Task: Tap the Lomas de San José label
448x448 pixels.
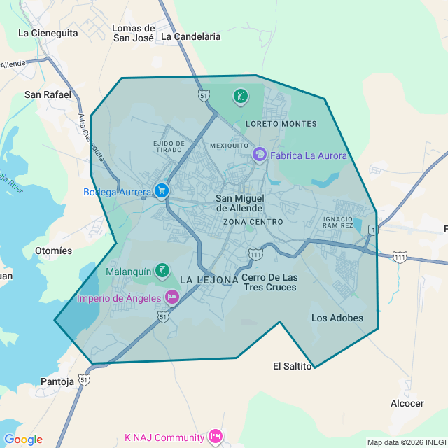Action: [133, 33]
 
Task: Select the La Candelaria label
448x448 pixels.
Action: [190, 36]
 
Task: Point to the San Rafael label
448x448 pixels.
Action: [48, 94]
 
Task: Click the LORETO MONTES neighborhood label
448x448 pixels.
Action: [281, 124]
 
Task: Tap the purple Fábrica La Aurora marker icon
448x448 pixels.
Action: [260, 154]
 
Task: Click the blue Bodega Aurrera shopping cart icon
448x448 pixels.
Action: [162, 190]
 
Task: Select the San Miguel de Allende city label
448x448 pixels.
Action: [239, 203]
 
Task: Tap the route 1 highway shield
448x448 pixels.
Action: [374, 230]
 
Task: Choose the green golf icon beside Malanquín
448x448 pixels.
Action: [162, 270]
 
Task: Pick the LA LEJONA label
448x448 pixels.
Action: [209, 280]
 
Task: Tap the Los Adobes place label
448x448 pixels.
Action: [337, 318]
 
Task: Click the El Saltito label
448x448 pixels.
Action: [292, 366]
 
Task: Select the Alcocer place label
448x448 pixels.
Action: [407, 403]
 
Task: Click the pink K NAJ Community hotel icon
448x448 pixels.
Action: [215, 437]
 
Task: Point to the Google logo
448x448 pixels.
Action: [23, 440]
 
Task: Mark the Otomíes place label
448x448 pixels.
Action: [53, 251]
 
